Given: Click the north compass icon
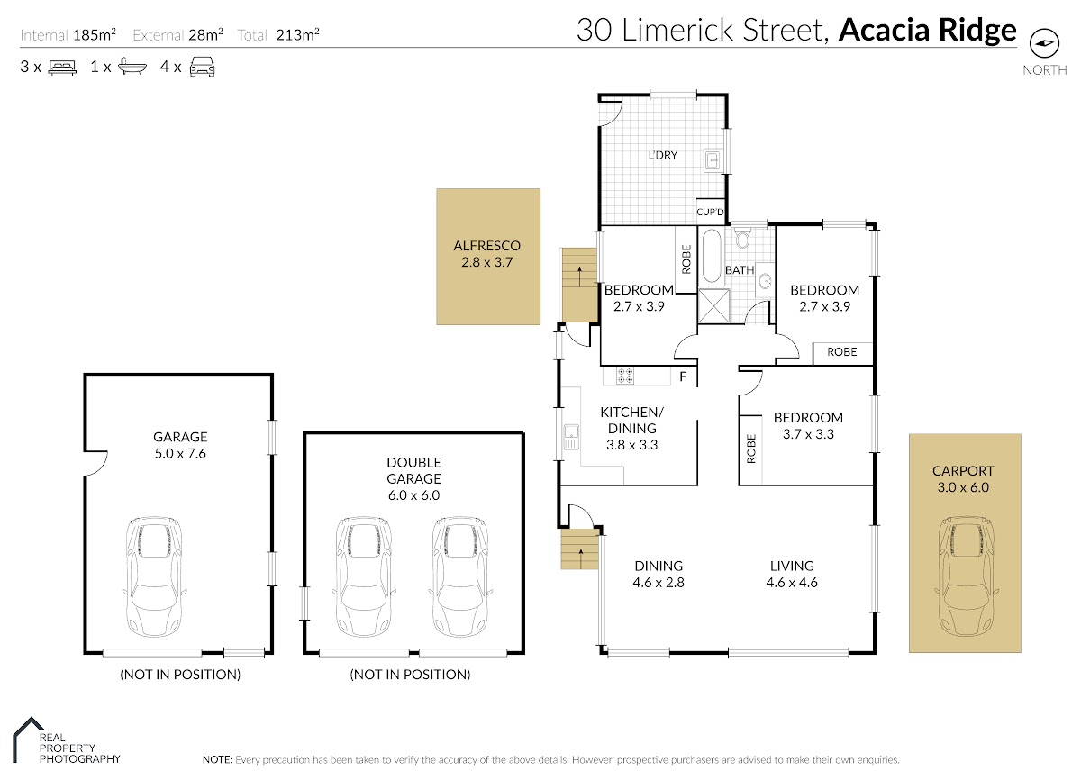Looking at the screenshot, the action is tap(1044, 43).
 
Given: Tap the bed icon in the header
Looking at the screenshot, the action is tap(62, 67).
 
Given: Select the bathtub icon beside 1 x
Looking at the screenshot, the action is tap(132, 67).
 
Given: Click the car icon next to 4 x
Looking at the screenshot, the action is tap(202, 67).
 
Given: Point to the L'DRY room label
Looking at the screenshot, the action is tap(663, 155).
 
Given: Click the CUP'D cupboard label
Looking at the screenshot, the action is tap(710, 212).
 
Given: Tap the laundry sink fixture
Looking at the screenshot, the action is tap(713, 159).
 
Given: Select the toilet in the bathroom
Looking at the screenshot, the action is tap(742, 239).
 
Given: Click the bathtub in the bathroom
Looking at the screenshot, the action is tap(712, 256).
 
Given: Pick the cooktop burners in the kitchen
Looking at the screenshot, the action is tap(625, 376).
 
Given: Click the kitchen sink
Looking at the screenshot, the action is tap(571, 437).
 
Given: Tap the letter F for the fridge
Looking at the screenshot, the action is tap(683, 376).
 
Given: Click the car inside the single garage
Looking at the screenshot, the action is tap(154, 577).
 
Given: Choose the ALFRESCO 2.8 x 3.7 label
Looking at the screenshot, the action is tap(487, 254).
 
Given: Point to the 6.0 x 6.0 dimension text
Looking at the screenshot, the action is tap(414, 495).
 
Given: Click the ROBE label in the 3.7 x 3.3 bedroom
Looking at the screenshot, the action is tap(751, 449).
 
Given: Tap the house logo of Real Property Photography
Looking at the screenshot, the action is tap(29, 739).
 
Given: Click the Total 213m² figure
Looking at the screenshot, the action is tap(278, 35).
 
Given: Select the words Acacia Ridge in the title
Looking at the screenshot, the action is tap(928, 30).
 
